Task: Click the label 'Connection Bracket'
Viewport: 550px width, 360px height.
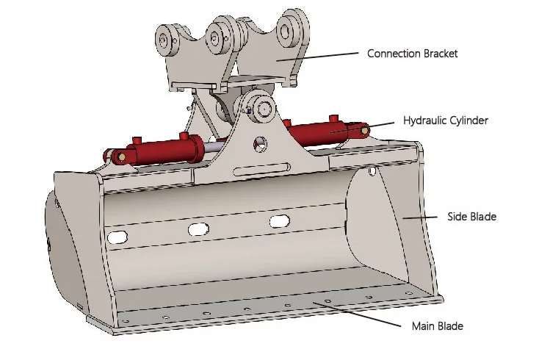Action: coord(412,54)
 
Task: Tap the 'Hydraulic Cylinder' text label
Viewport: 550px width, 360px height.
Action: coord(446,120)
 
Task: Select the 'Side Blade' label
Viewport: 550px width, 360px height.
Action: coord(471,217)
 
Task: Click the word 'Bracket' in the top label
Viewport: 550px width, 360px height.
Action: coord(438,54)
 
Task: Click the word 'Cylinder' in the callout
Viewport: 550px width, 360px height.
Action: coord(468,120)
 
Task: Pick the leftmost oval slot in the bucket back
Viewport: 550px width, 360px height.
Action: coord(116,237)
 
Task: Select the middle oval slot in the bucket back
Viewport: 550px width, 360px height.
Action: coord(198,229)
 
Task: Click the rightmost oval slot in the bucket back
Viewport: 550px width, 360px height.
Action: coord(279,221)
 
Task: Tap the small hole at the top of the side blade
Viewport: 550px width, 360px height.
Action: coord(373,172)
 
